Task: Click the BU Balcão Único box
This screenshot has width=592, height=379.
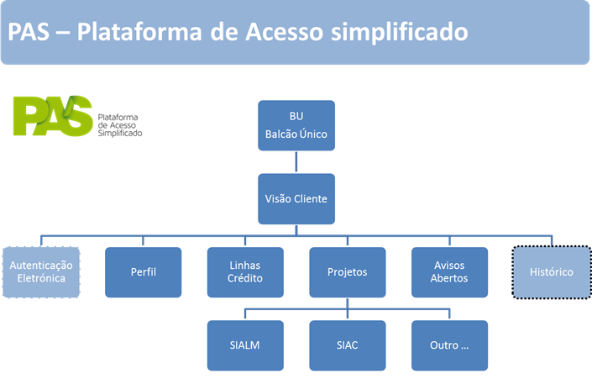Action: coord(296,125)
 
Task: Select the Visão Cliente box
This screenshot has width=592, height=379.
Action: coord(296,199)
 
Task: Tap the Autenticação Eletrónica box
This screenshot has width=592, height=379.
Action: coord(41,272)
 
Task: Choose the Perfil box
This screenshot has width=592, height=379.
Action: coord(143,272)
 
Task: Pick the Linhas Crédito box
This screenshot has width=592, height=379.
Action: coord(245,272)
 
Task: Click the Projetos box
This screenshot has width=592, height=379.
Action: coord(348,272)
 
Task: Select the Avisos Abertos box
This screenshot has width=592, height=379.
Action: coord(449,272)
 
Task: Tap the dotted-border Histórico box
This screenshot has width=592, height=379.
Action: coord(552,272)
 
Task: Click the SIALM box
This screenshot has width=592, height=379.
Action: coord(245,345)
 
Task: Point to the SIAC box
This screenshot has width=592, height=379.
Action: coord(348,345)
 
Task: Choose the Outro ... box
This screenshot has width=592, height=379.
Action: coord(449,345)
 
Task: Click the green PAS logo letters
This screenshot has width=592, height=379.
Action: coord(53,116)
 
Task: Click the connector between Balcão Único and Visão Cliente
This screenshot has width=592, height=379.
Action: coord(296,162)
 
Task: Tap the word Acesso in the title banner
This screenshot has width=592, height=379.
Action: coord(285,32)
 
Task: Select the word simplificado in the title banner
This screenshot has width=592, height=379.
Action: coord(400,33)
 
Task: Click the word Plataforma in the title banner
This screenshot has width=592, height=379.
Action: coord(139,32)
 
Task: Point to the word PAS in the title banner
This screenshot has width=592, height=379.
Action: coord(29,32)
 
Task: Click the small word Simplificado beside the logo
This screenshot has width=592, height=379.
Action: coord(120,133)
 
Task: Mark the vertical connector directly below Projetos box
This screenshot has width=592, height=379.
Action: coord(348,308)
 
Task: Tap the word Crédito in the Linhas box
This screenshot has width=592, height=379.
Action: coord(245,278)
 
